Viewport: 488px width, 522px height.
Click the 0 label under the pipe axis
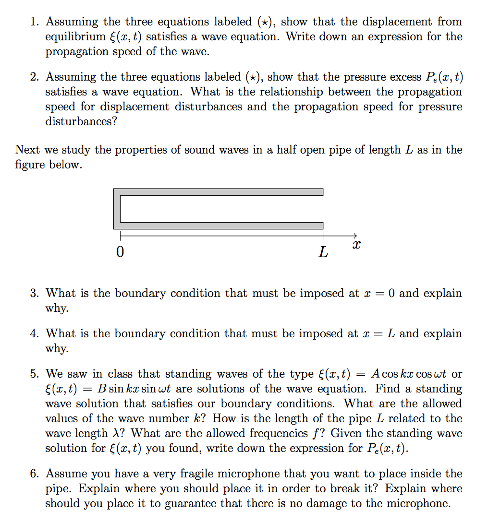(x=120, y=251)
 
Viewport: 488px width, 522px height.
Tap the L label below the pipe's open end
(x=323, y=252)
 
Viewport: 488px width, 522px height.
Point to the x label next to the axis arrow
(x=356, y=245)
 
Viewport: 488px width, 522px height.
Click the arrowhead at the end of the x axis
(x=354, y=235)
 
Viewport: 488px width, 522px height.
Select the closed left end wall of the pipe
(x=117, y=209)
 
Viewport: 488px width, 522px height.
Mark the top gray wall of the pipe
(x=221, y=192)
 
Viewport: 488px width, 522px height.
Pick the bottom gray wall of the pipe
(x=221, y=225)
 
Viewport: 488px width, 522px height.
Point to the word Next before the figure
(x=27, y=150)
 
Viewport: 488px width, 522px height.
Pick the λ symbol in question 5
(x=122, y=433)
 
